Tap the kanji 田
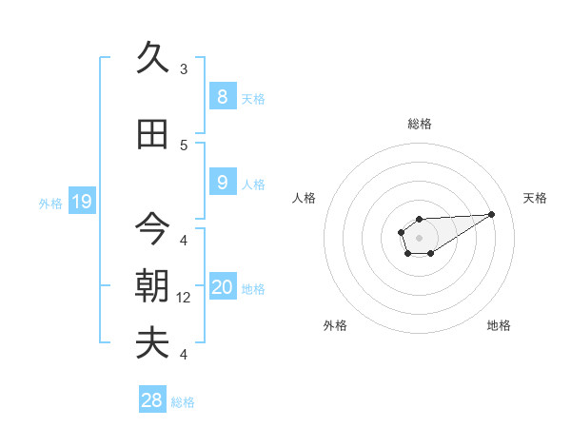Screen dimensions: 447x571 [x=152, y=134]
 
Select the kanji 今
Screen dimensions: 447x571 [x=152, y=228]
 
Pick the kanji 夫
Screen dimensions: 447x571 [x=152, y=342]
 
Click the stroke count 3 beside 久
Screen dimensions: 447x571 [x=184, y=68]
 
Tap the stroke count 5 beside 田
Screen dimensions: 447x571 [x=184, y=146]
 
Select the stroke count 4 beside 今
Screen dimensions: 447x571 [x=184, y=240]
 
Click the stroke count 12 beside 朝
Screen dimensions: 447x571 [x=185, y=298]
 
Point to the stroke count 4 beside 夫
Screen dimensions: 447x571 [x=184, y=355]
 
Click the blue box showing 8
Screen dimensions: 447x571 [x=222, y=96]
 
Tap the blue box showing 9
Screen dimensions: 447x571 [x=222, y=183]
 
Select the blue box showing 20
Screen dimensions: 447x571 [x=222, y=287]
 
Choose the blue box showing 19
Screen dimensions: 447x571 [x=81, y=201]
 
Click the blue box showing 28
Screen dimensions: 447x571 [x=151, y=400]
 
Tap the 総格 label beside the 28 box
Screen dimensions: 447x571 [x=183, y=402]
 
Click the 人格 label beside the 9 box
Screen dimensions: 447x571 [x=253, y=185]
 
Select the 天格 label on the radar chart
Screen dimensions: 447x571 [x=535, y=198]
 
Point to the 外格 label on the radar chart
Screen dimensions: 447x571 [x=335, y=325]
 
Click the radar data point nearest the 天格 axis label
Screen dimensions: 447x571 [x=492, y=213]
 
